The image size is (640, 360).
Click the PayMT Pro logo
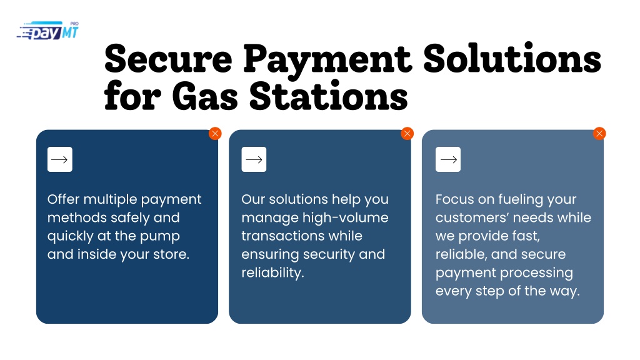[x=47, y=31]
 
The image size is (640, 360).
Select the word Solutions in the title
[x=512, y=59]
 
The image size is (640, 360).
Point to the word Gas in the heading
[x=205, y=96]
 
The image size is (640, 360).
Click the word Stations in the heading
[x=329, y=96]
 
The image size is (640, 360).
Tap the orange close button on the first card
[x=215, y=134]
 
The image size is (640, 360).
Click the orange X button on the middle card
[x=407, y=134]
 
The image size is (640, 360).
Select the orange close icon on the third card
[x=599, y=134]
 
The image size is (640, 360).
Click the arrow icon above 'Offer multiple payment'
[x=59, y=159]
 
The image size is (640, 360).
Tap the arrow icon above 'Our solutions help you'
[x=254, y=159]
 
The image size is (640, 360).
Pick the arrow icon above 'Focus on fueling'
[x=448, y=159]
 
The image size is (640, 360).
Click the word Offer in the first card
[x=63, y=199]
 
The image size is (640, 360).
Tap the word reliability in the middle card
[x=272, y=272]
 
